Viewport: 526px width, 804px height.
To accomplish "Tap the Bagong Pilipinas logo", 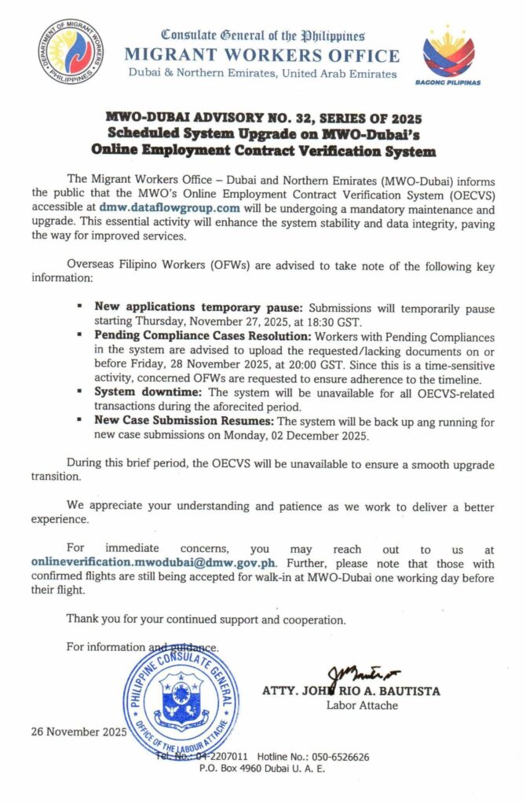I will pyautogui.click(x=448, y=53).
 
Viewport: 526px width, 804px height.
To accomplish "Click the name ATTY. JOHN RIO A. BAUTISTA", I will pyautogui.click(x=351, y=692).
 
